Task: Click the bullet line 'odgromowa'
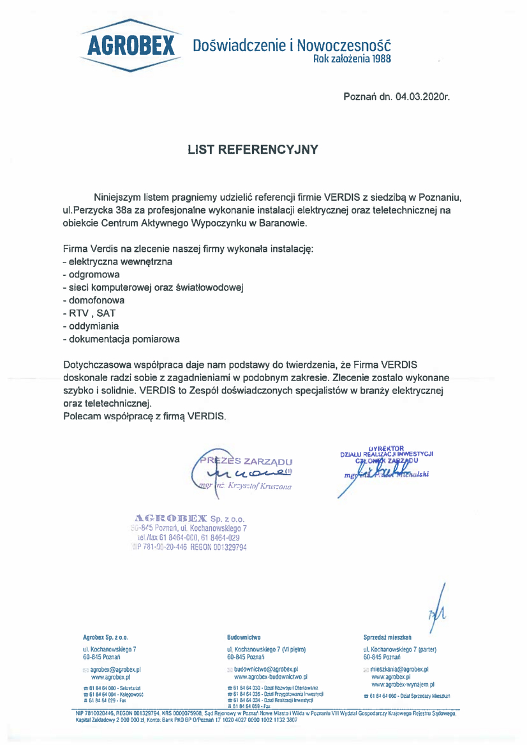[x=93, y=274]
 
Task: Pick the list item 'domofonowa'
[x=94, y=300]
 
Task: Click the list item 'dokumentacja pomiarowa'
[x=121, y=338]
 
